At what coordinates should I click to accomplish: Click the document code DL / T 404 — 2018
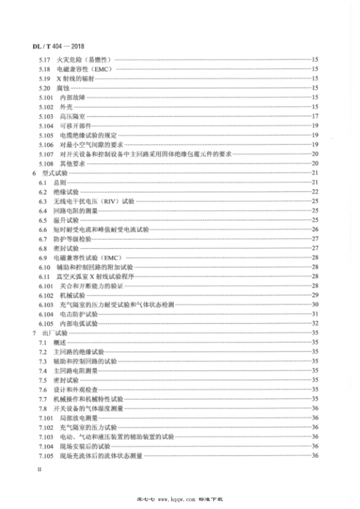(x=60, y=46)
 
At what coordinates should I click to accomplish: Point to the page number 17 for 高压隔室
(x=315, y=117)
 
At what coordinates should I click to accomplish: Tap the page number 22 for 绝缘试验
(x=315, y=192)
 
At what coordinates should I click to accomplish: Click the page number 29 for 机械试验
(x=315, y=295)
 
